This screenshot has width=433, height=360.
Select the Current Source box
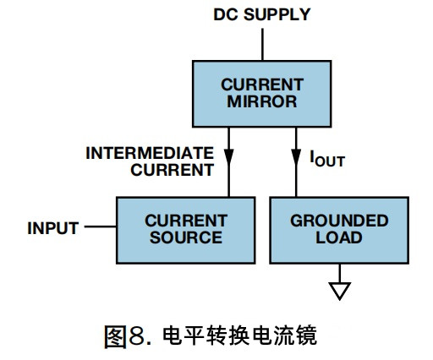click(184, 229)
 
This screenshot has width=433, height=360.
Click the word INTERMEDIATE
click(149, 153)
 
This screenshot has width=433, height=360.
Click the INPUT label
click(52, 228)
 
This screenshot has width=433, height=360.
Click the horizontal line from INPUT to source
click(100, 228)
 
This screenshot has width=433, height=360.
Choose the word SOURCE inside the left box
click(184, 237)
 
